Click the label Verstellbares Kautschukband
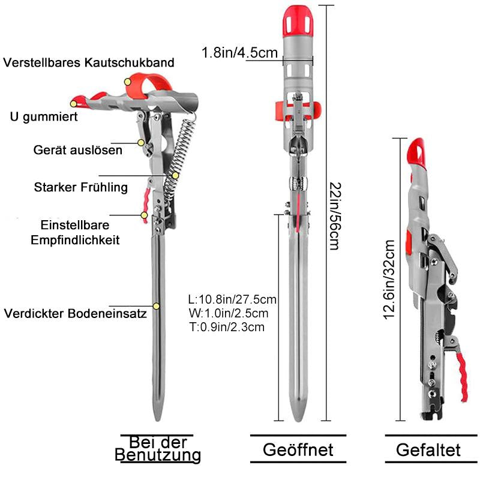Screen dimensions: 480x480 coord(89,62)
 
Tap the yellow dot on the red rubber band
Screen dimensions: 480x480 coord(128,82)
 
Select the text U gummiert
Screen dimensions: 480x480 coord(44,116)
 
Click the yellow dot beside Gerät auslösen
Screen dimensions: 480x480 coord(141,143)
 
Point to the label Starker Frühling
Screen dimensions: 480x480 coord(81,187)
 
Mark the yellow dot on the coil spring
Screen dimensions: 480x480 coord(175,175)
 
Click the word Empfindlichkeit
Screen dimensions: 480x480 coord(75,240)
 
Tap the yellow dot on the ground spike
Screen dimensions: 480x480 coord(156,306)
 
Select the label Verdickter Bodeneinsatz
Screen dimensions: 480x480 coord(76,313)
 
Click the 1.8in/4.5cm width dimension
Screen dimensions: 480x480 coord(239,53)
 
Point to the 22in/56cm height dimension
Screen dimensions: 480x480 coord(335,217)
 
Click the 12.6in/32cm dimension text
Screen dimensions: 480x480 coord(389,280)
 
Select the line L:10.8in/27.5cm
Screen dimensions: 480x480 coord(232,299)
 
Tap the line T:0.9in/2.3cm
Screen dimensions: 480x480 coord(227,327)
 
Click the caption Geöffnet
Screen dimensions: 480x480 coord(298,449)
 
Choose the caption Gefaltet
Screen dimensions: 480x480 coord(428,450)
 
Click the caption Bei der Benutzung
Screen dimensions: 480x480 coord(158,448)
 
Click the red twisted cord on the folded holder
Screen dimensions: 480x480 coord(461,377)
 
